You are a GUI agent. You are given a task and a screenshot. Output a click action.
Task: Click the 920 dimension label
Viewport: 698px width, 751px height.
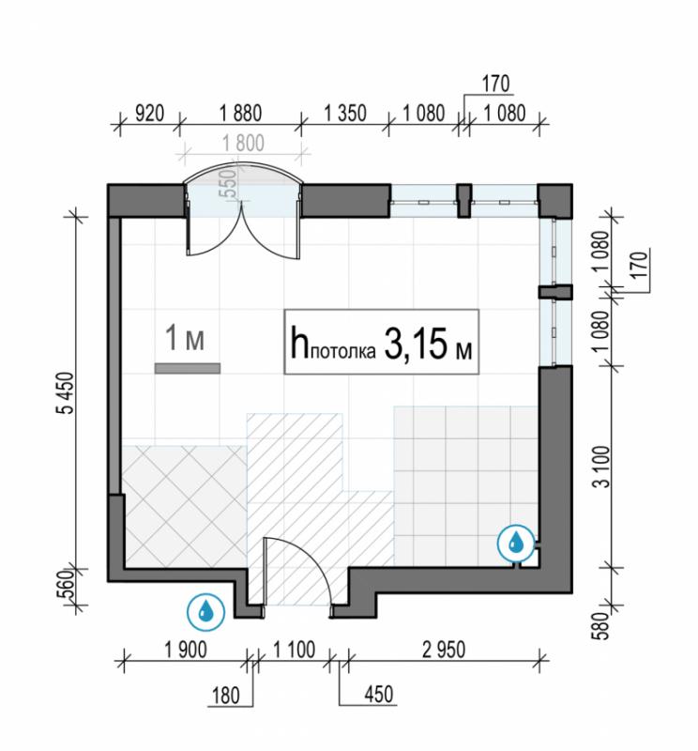(x=149, y=114)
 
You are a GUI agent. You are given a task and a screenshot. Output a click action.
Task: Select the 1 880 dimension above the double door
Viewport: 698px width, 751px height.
(x=240, y=114)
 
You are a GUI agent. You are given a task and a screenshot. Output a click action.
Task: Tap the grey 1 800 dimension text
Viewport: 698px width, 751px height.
(x=243, y=144)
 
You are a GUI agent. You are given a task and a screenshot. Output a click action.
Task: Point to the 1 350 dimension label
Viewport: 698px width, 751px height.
(x=344, y=114)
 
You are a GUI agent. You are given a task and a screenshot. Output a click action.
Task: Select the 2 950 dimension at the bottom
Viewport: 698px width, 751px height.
(x=444, y=650)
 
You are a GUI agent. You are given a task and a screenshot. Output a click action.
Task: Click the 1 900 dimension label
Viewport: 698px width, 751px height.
(x=186, y=650)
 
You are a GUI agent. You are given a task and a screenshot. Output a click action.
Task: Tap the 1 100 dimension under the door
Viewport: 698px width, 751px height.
(x=294, y=650)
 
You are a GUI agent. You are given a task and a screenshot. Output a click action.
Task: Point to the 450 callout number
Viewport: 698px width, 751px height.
(x=379, y=694)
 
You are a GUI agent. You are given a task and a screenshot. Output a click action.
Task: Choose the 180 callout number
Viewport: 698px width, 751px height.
(x=225, y=696)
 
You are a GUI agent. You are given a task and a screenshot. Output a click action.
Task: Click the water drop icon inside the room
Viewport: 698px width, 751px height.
(x=516, y=543)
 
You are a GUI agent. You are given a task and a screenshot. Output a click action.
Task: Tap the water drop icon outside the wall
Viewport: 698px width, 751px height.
(x=205, y=612)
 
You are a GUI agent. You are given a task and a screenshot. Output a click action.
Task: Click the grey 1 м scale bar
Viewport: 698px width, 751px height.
(x=188, y=368)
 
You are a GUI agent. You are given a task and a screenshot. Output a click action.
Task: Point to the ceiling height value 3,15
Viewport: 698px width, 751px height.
(x=415, y=344)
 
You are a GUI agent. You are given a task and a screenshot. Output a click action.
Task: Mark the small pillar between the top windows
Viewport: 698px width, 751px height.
(x=463, y=200)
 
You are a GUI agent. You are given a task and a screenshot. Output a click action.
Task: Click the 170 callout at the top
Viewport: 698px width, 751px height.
(x=495, y=84)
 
